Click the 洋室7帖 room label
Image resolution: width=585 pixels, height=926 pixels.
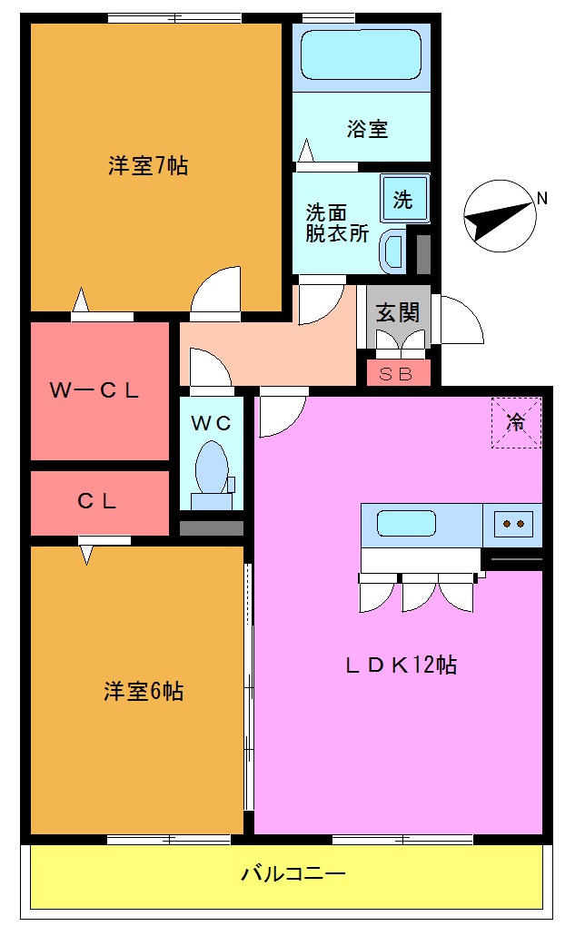[148, 166]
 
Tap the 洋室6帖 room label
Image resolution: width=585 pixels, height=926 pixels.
[143, 692]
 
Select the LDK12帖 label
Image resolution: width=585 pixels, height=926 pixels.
[401, 665]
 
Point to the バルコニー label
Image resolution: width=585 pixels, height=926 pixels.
[292, 875]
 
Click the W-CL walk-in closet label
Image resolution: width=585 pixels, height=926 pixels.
[94, 391]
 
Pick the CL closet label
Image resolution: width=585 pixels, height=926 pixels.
[97, 501]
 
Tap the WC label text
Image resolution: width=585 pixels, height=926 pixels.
[212, 422]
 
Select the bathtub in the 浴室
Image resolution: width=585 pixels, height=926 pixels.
[361, 55]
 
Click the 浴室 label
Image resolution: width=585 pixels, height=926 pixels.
[367, 129]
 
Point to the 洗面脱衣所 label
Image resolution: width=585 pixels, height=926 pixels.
[336, 223]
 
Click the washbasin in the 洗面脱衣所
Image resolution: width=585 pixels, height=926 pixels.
[393, 251]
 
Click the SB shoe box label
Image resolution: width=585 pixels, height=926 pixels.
[395, 373]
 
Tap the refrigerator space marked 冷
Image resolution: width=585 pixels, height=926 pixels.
[516, 422]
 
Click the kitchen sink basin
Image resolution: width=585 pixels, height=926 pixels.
[406, 524]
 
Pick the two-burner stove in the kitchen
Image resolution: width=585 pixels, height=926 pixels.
[512, 523]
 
